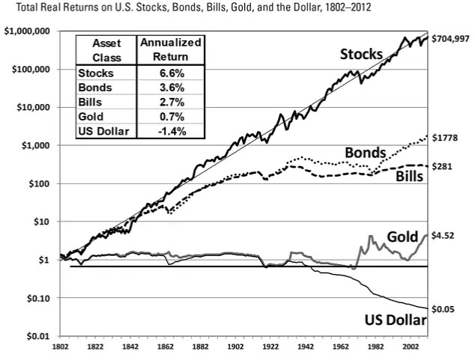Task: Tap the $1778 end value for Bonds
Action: (x=447, y=138)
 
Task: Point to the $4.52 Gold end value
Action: (x=445, y=236)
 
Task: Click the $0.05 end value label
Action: (x=444, y=308)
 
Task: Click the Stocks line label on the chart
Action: (x=361, y=55)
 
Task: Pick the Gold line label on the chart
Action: (x=402, y=237)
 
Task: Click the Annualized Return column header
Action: (x=170, y=49)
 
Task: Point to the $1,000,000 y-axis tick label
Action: (x=26, y=31)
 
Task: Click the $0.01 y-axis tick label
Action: (x=36, y=336)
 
